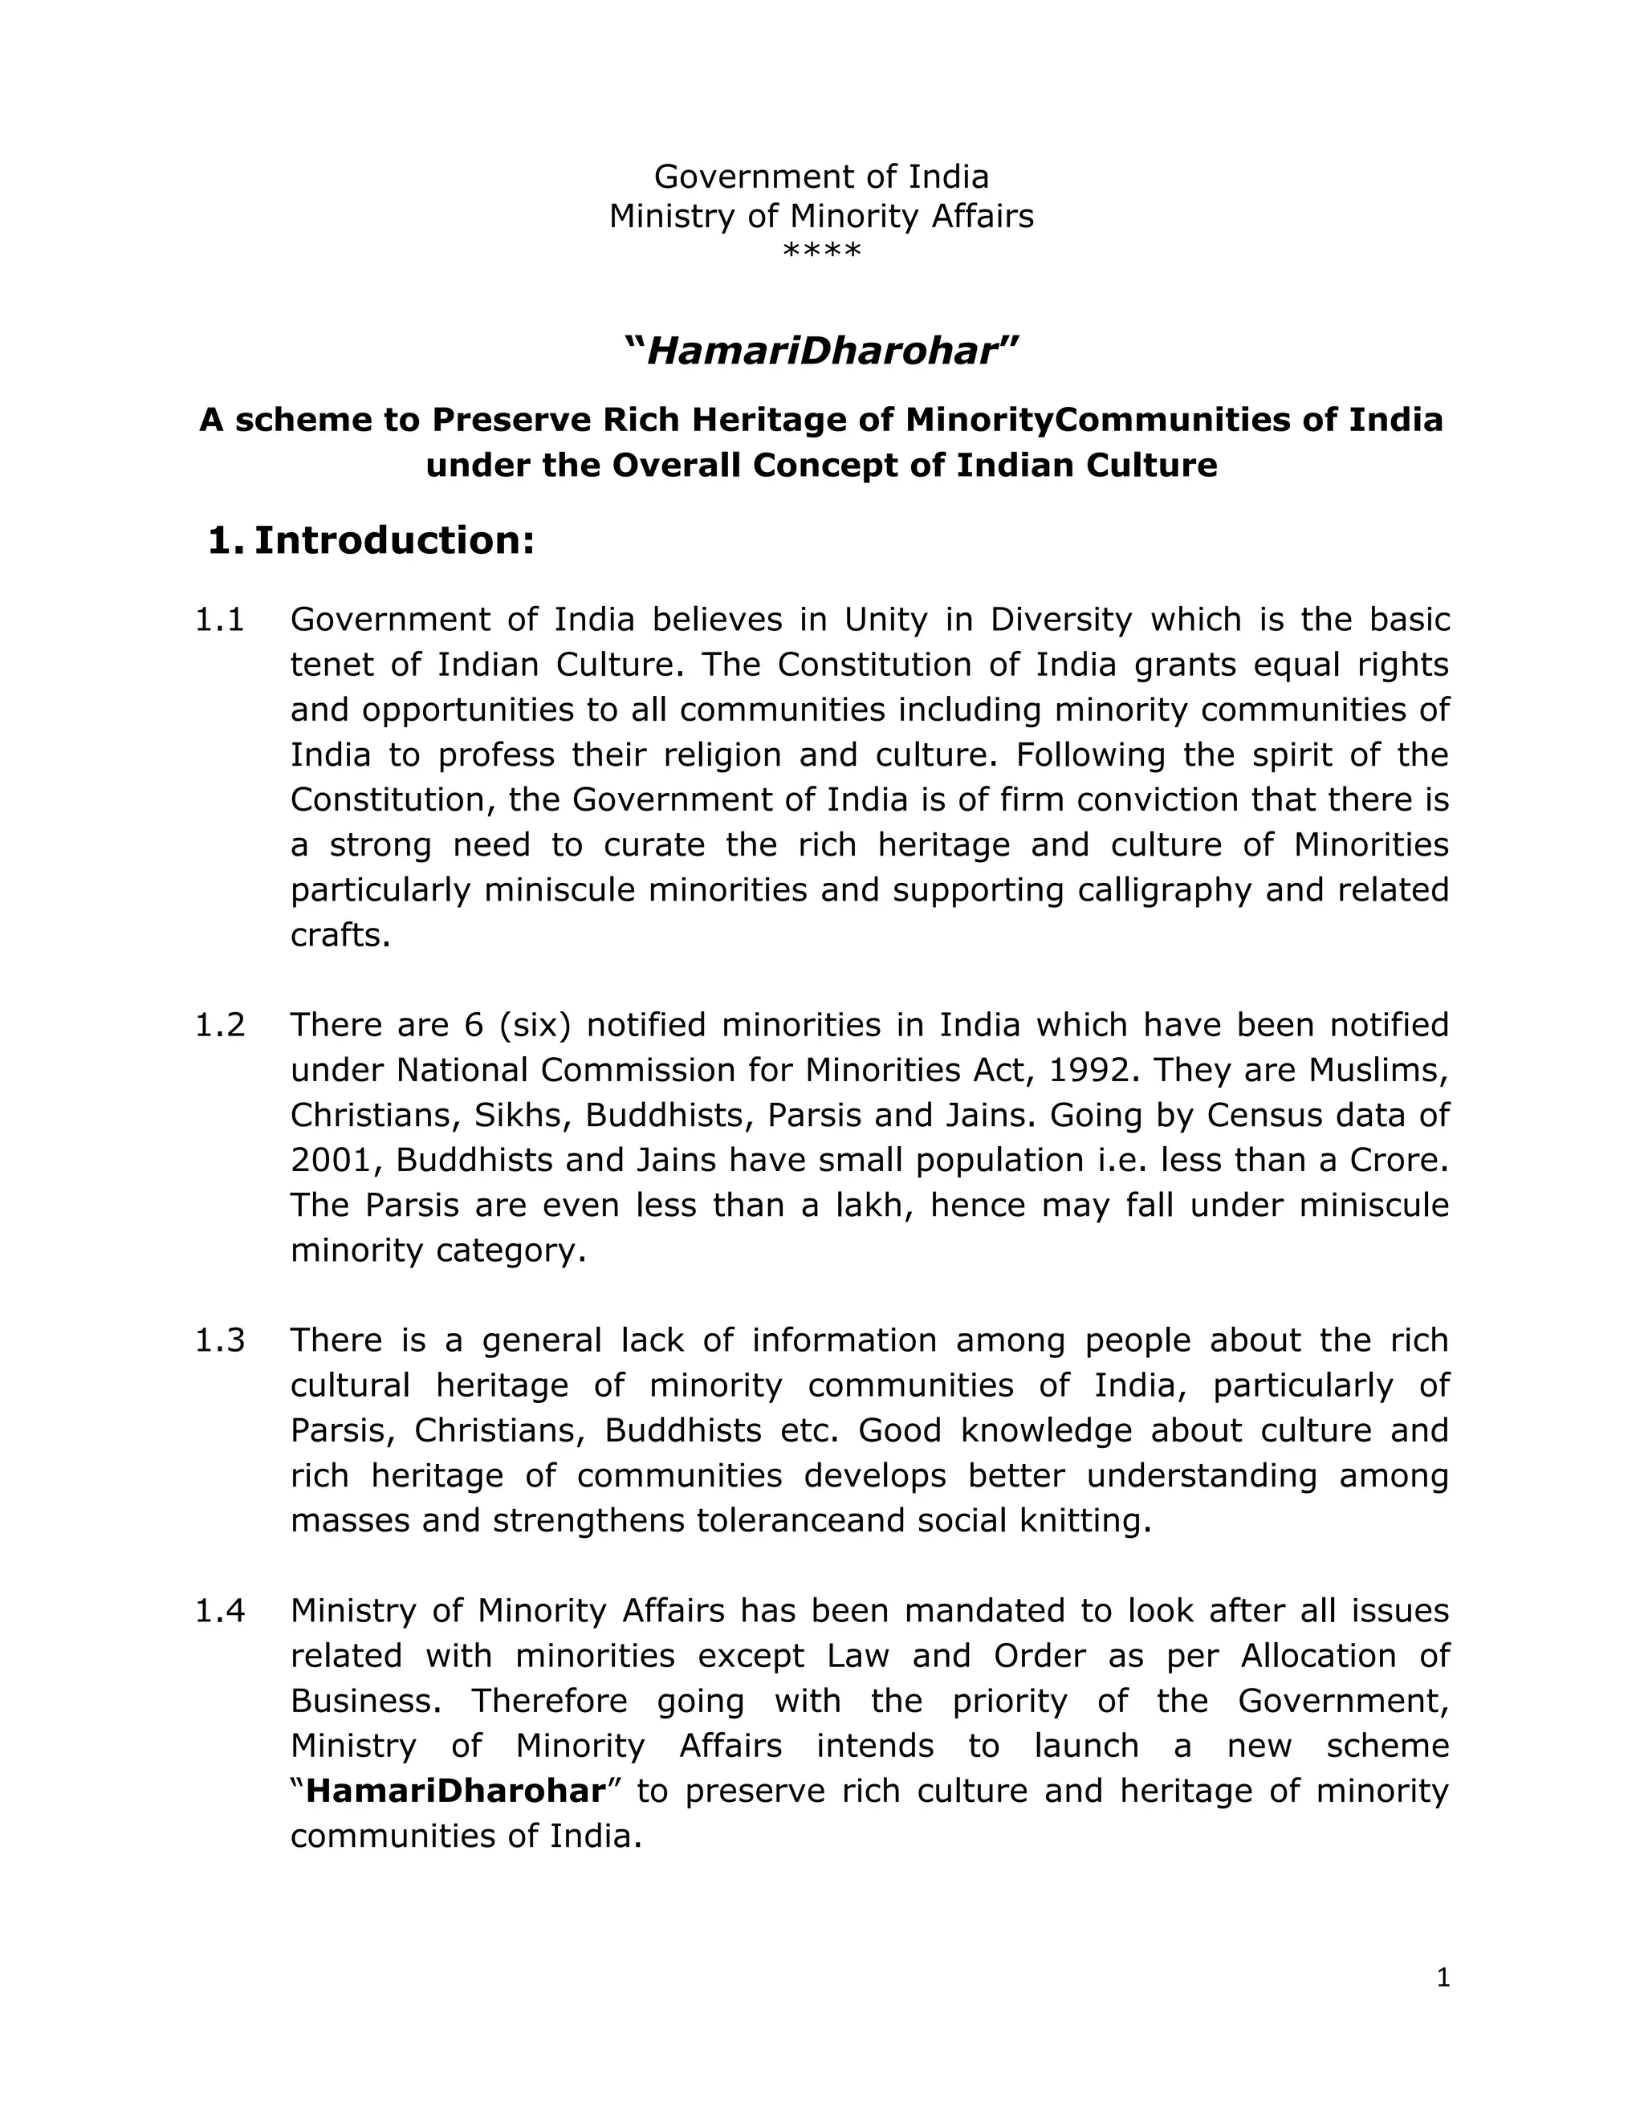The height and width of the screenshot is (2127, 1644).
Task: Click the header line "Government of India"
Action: coord(821,177)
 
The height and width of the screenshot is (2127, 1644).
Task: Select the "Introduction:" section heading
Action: coord(394,540)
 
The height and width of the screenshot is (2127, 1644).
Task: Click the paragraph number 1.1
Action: coord(220,620)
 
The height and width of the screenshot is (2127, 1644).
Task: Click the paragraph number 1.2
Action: coord(220,1024)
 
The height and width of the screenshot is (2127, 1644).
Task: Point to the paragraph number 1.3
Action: coord(220,1340)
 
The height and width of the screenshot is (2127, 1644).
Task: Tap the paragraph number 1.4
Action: coord(220,1611)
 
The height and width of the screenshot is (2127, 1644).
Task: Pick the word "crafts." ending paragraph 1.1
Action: coord(340,935)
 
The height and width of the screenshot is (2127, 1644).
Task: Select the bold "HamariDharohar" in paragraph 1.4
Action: coord(456,1791)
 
